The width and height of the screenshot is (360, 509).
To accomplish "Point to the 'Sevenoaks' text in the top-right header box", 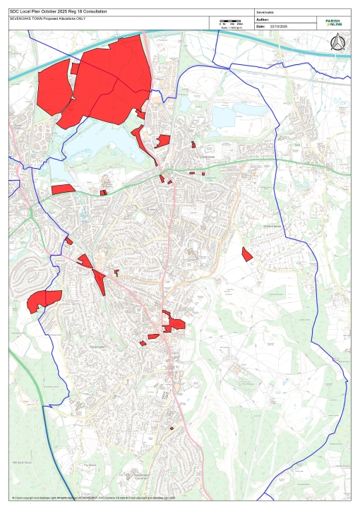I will (x=268, y=13).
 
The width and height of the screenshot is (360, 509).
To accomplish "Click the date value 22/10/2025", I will (x=280, y=26).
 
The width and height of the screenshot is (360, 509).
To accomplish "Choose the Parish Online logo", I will (x=332, y=23).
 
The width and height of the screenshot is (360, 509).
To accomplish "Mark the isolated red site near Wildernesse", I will (x=246, y=253).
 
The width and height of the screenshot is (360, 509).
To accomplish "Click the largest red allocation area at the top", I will (x=113, y=78).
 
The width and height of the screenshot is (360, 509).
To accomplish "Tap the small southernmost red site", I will (x=172, y=429).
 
